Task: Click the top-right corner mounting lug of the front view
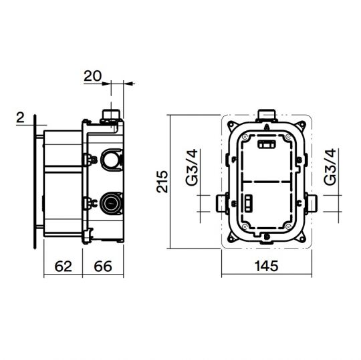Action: tap(305, 124)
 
